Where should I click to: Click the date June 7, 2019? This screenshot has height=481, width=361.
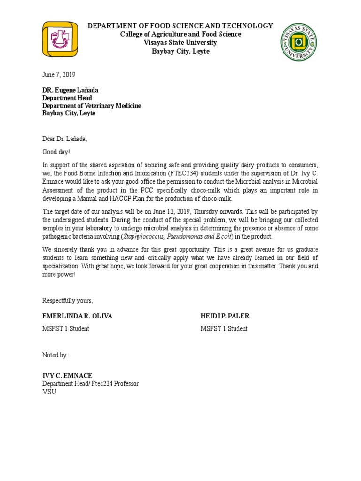(59, 75)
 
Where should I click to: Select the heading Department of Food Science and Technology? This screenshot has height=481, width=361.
(180, 26)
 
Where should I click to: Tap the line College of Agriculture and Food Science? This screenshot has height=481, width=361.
(180, 34)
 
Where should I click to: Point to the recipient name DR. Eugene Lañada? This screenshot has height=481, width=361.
(71, 90)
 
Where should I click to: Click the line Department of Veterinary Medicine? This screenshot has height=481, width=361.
(92, 106)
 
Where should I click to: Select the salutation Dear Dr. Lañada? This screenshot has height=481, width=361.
(65, 139)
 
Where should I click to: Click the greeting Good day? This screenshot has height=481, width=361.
(56, 152)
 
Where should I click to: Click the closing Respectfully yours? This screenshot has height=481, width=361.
(68, 300)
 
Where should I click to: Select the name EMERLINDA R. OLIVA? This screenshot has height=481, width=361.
(78, 316)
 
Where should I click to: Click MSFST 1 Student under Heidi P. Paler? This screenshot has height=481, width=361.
(224, 329)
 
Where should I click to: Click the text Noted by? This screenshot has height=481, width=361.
(55, 355)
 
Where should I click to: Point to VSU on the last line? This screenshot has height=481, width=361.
(49, 391)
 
